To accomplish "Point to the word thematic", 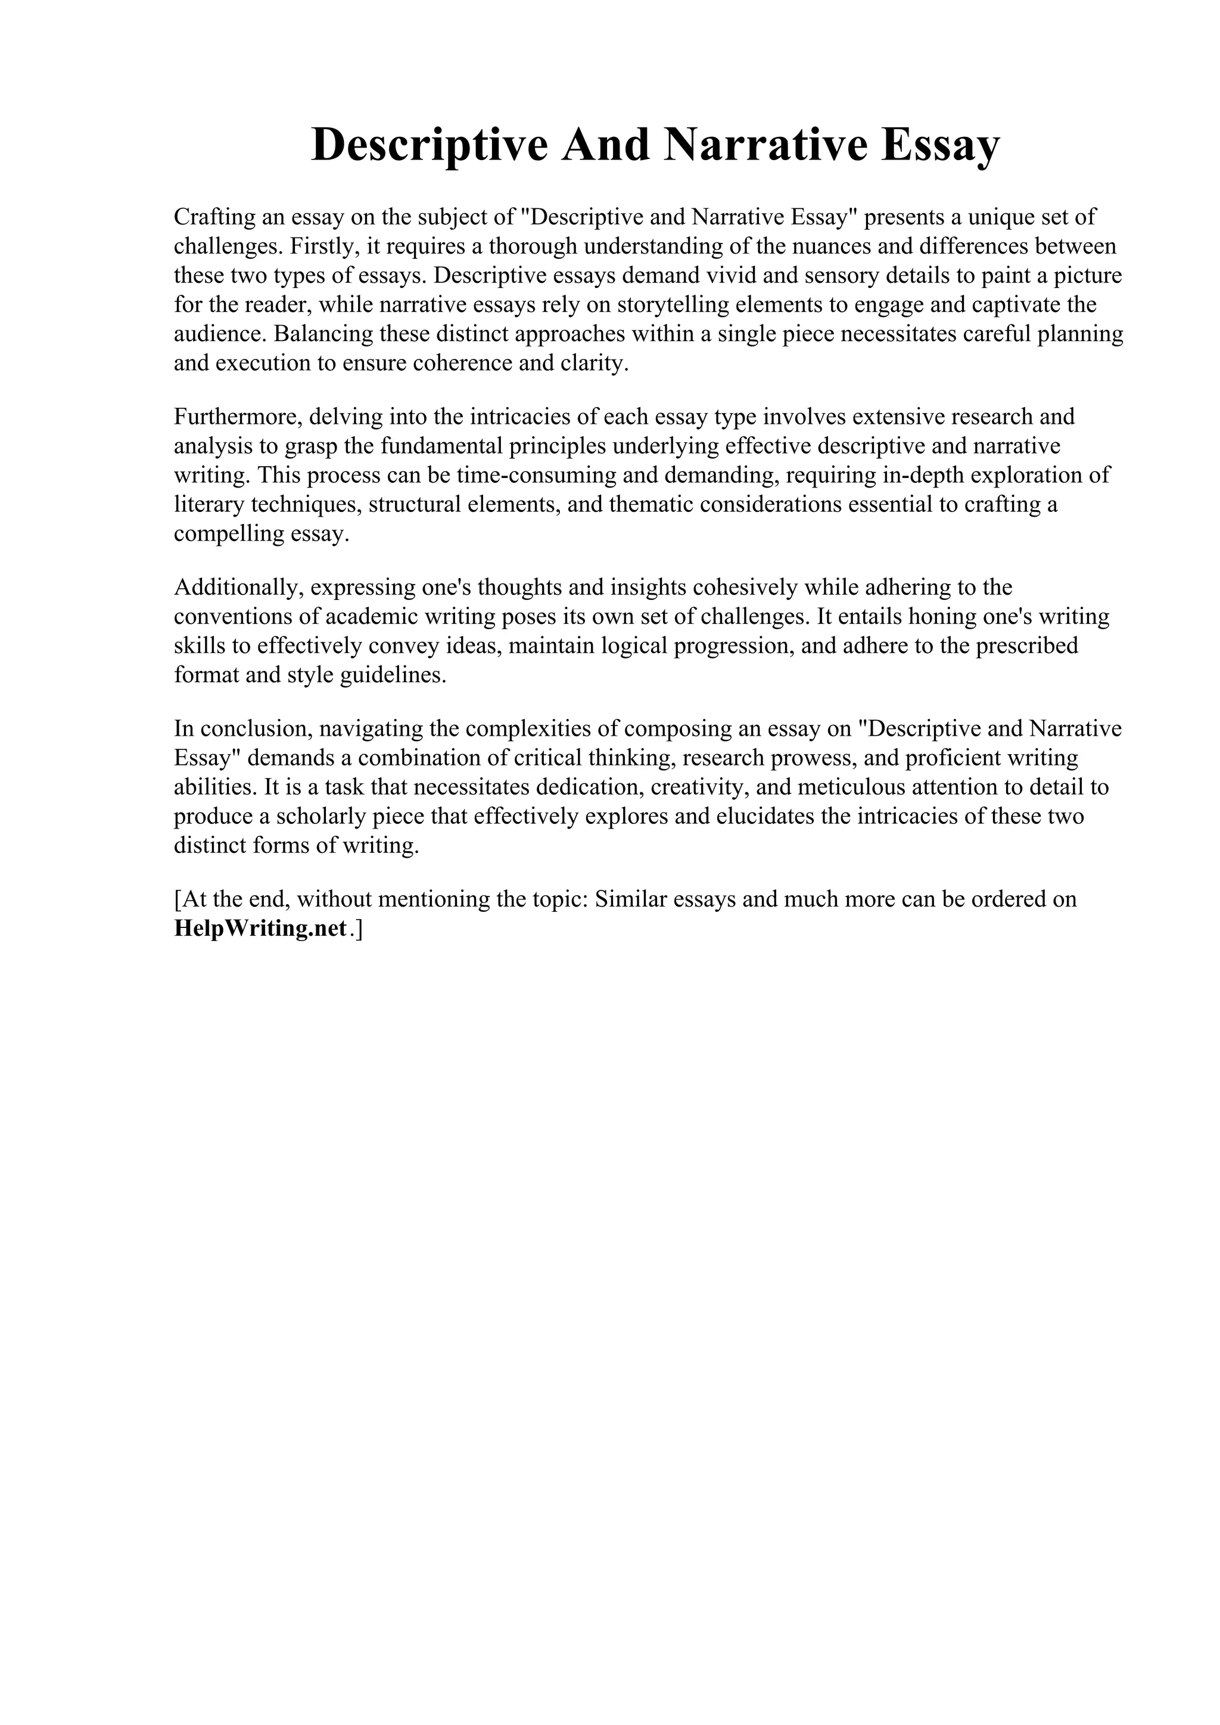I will coord(651,505).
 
